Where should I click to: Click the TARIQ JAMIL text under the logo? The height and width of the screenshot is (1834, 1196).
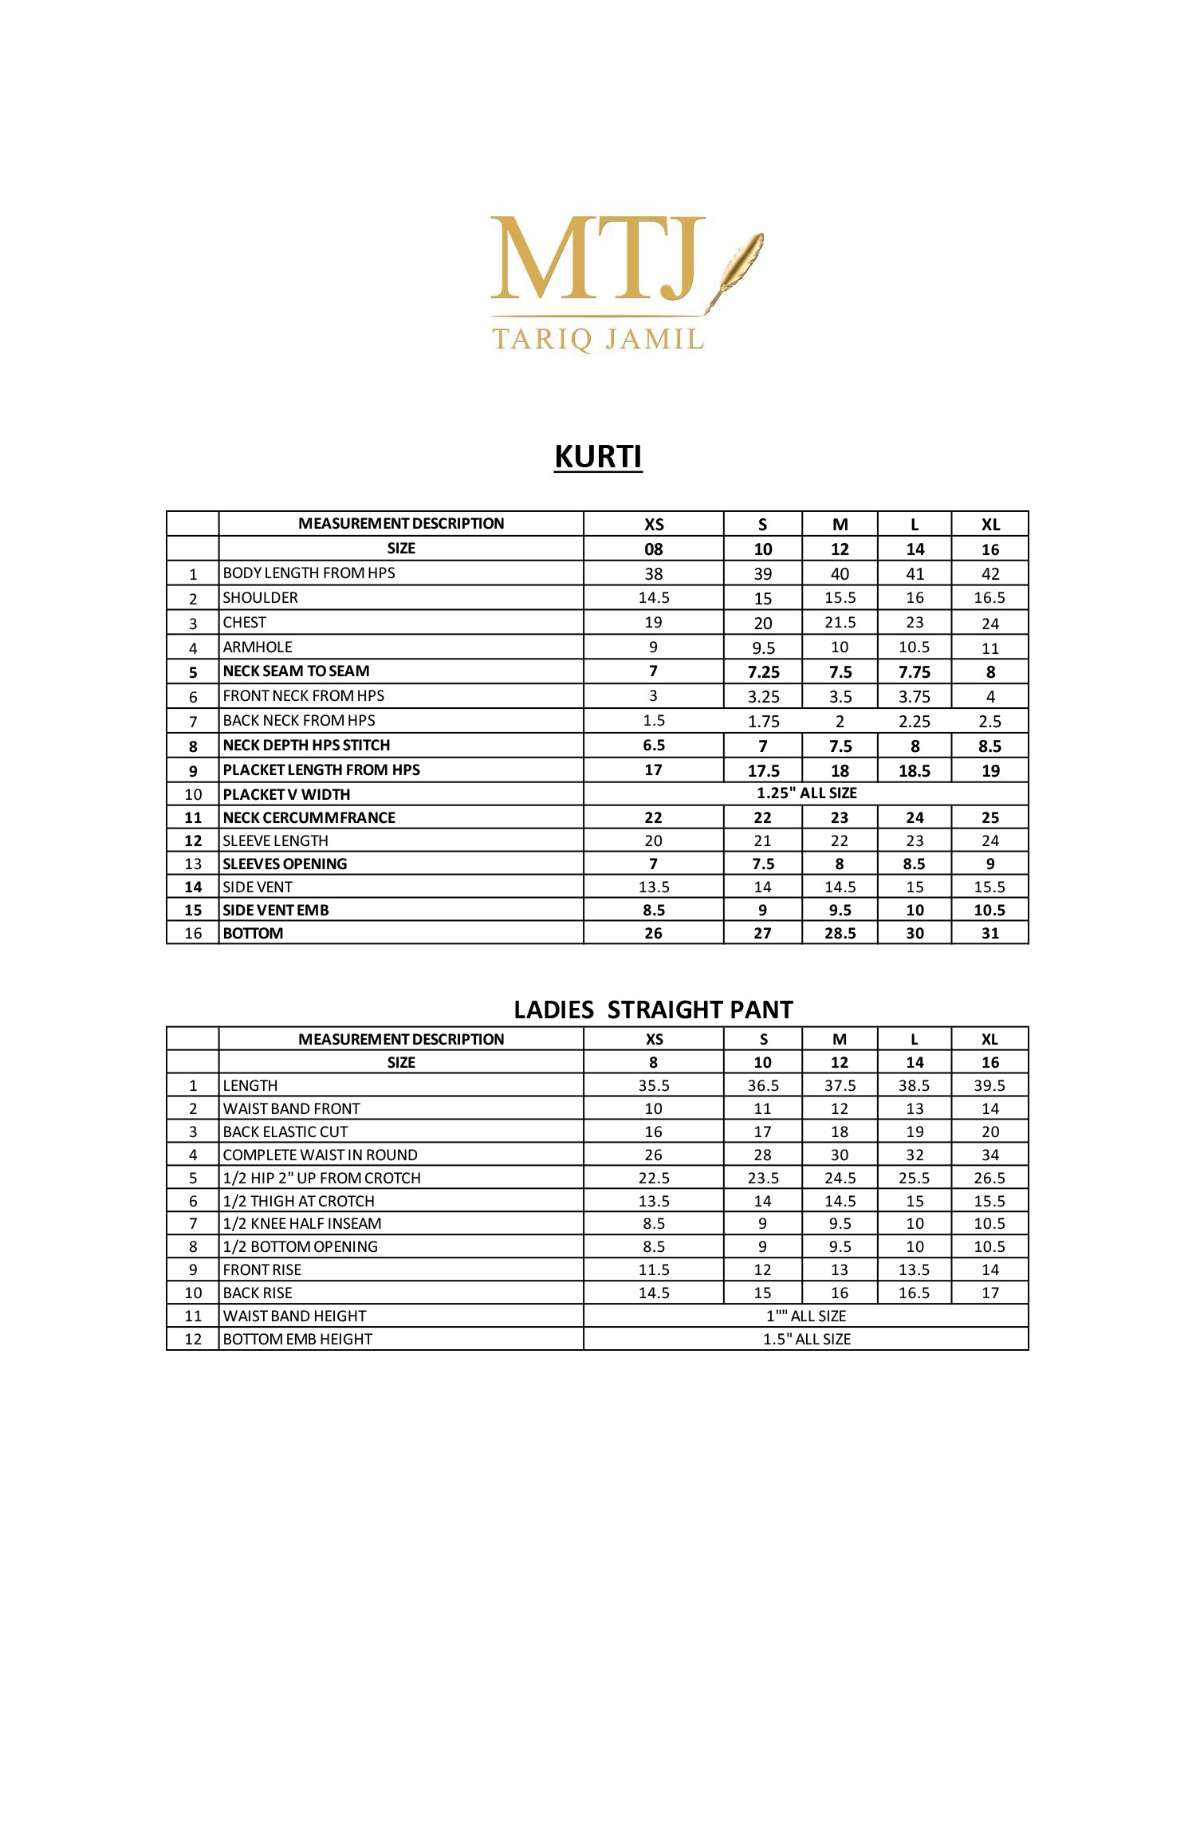coord(598,339)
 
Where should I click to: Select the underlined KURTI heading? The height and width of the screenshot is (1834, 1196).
coord(598,457)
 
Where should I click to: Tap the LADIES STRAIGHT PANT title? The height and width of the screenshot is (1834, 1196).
coord(653,1009)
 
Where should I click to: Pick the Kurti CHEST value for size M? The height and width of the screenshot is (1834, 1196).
coord(840,623)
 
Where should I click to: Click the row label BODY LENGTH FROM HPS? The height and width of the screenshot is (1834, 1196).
coord(309,573)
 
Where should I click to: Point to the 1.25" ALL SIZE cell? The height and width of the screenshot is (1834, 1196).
coord(806,793)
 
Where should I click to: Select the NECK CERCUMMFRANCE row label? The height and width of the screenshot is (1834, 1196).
coord(309,817)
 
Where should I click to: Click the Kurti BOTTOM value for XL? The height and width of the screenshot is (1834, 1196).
coord(989,933)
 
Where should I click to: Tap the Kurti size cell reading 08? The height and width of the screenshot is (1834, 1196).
coord(653,549)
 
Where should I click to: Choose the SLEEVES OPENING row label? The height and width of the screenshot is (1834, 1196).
coord(285,864)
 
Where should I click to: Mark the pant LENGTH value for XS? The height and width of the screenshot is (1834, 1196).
coord(653,1085)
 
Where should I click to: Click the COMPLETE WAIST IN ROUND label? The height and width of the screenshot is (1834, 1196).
coord(320,1155)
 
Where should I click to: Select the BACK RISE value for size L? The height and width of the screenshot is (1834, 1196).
coord(914,1293)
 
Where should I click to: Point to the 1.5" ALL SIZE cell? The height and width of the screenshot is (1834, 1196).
coord(806,1339)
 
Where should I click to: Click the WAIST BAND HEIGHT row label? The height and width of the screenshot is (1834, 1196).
coord(294,1316)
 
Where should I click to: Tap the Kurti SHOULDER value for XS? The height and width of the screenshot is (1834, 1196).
coord(653,598)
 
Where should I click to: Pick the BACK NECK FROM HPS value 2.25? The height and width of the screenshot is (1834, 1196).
coord(914,721)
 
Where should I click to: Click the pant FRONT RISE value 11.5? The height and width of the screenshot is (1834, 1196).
coord(653,1269)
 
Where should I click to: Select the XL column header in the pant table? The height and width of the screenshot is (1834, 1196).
coord(989,1039)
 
